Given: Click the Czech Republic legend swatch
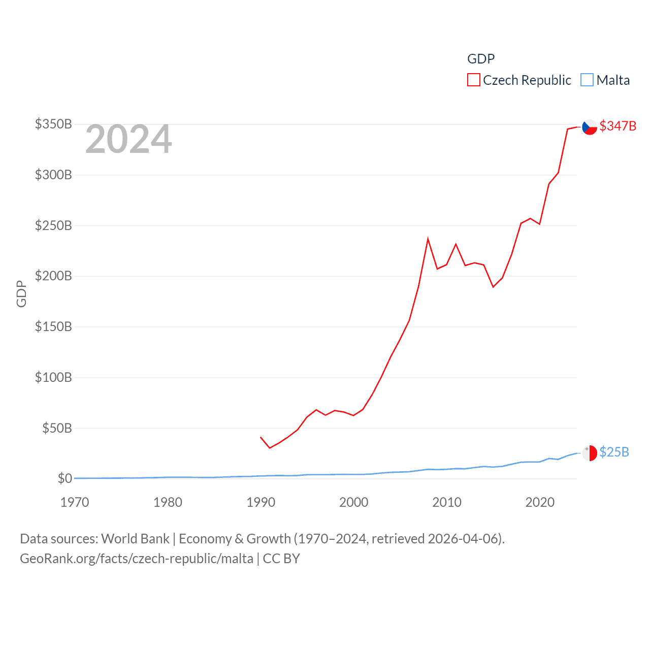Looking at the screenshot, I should pos(473,80).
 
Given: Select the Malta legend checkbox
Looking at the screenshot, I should pos(587,80).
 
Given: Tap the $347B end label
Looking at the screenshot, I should pos(617,126).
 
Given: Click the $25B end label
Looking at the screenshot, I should pos(614,452).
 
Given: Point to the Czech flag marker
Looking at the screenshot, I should pos(589,127).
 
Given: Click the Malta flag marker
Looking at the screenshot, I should pos(589,452).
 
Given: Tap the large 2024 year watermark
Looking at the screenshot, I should pos(128,139).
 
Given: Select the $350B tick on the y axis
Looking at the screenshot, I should pos(53,124).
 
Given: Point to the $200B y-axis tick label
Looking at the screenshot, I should pos(53,276).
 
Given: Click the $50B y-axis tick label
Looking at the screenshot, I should pos(57,428).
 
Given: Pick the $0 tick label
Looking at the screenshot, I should pos(64,478).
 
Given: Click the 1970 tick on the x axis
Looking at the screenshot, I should pos(75,502).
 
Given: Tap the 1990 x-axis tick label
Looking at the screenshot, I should pos(261,502).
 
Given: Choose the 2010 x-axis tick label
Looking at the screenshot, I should pos(447,502).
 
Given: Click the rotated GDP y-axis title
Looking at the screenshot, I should pos(21,294).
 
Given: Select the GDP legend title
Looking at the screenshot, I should pos(481,59).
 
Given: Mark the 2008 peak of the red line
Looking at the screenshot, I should pos(428,239).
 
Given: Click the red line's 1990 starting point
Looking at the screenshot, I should pos(261,437).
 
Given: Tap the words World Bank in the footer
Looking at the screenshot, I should pos(135,539).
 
